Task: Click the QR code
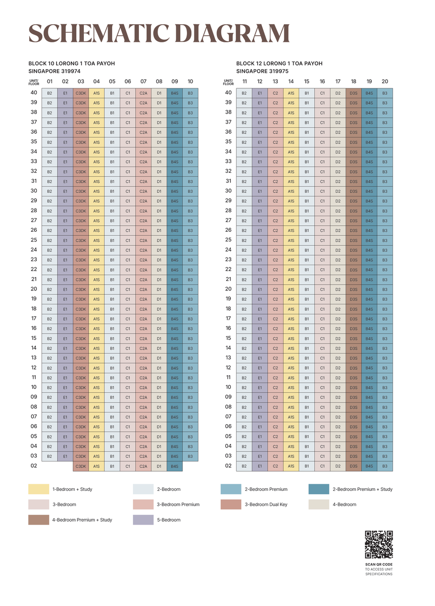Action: (x=379, y=545)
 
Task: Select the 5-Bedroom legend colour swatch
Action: (x=143, y=519)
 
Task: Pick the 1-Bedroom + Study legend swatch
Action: (x=39, y=489)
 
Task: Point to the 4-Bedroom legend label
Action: (x=344, y=504)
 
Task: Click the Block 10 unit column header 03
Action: (x=81, y=81)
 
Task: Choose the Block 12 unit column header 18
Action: (x=354, y=81)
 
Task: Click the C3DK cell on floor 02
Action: (x=81, y=466)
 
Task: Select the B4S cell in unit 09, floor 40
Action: (x=175, y=93)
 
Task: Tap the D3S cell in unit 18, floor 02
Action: (x=354, y=466)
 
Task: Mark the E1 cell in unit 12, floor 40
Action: (x=260, y=93)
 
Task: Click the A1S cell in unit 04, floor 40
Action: (x=96, y=93)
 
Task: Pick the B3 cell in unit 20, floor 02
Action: (x=385, y=466)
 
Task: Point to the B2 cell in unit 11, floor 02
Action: (x=244, y=466)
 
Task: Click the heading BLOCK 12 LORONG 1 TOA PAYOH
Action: (x=279, y=64)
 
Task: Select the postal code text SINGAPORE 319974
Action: (x=55, y=71)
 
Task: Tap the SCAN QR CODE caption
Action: (x=379, y=564)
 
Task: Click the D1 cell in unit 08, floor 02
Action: (x=159, y=466)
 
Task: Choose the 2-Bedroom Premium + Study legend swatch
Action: (x=318, y=489)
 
